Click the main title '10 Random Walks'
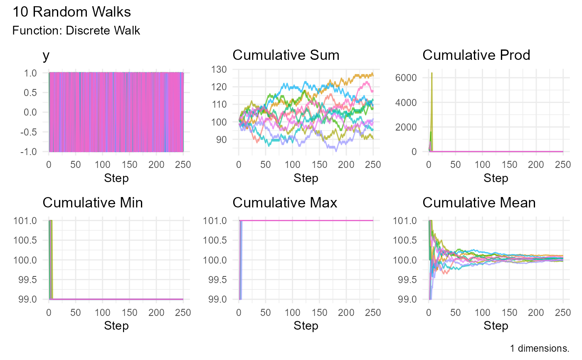(72, 12)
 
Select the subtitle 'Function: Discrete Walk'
(76, 31)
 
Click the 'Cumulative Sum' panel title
(286, 55)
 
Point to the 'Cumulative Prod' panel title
(476, 55)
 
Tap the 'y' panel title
(46, 56)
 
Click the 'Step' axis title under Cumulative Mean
(496, 326)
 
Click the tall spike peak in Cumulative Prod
(432, 73)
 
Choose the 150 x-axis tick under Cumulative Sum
(319, 164)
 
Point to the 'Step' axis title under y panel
(116, 178)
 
